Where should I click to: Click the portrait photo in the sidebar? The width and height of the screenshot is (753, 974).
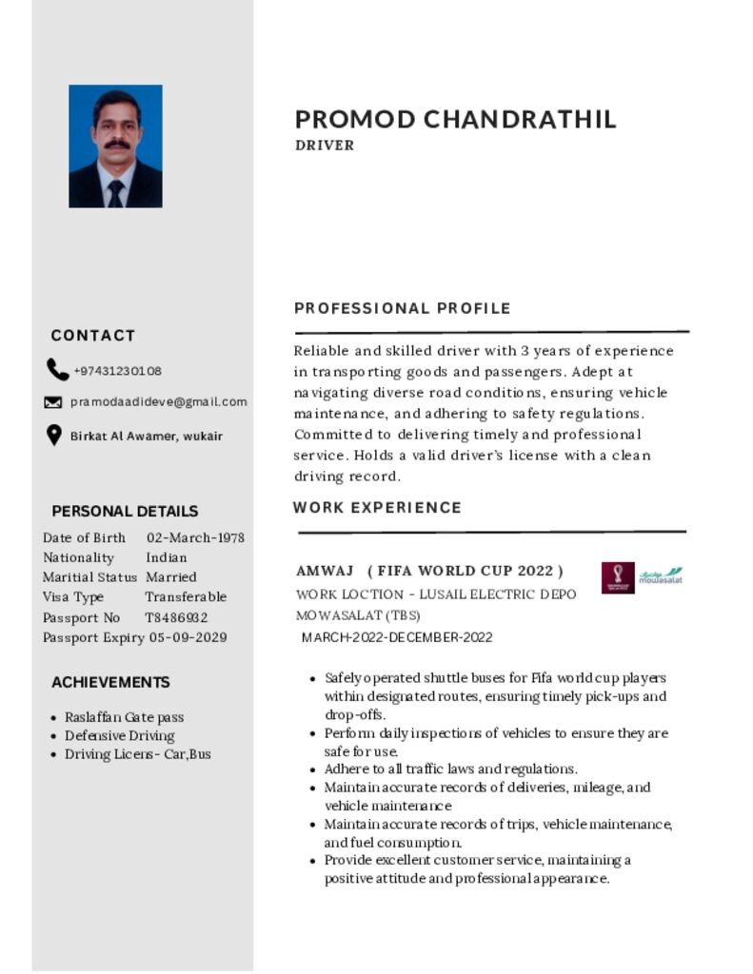pos(115,146)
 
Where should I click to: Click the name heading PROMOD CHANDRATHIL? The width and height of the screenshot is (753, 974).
pos(455,119)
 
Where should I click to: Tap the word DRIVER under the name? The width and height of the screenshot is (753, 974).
pos(325,146)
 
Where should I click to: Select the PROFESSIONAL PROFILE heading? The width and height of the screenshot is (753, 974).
pos(402,308)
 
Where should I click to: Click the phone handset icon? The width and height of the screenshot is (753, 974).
pos(56,370)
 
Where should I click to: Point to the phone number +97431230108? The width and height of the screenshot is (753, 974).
pos(117,371)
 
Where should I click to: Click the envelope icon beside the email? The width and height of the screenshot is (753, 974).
pos(53,402)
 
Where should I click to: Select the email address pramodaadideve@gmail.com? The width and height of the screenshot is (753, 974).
pos(159,401)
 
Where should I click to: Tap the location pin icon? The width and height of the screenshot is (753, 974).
pos(54,435)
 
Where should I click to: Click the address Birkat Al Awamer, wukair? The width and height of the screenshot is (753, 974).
pos(147,436)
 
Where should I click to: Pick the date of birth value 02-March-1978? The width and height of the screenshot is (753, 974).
pos(195,537)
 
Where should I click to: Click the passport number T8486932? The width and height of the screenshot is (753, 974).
pos(176,617)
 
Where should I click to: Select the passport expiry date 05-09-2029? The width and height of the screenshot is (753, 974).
pos(188,637)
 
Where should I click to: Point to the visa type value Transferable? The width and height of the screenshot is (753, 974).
pos(186,597)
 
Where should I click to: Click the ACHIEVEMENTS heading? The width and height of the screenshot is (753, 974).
pos(110,682)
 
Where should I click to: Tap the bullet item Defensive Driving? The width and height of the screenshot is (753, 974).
pos(119,735)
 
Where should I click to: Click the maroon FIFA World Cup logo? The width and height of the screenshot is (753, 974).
pos(618,577)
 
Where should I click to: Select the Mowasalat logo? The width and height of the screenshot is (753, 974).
pos(660,576)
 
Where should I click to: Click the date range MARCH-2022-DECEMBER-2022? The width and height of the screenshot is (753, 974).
pos(397,637)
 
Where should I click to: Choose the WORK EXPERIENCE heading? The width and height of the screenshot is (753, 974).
pos(377,508)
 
